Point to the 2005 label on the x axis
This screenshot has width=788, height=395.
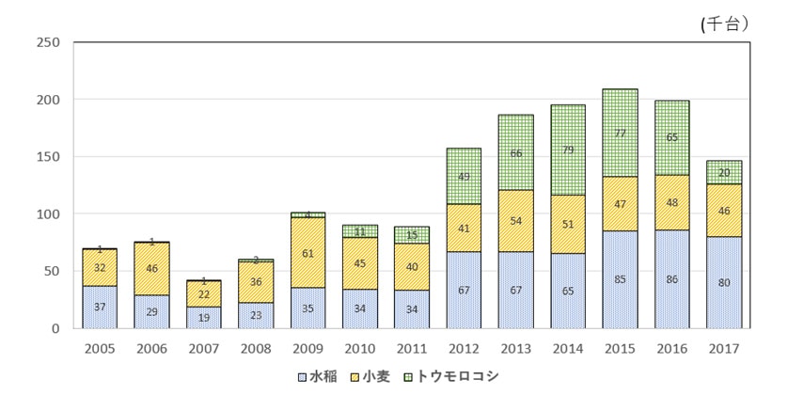pos(101,348)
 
